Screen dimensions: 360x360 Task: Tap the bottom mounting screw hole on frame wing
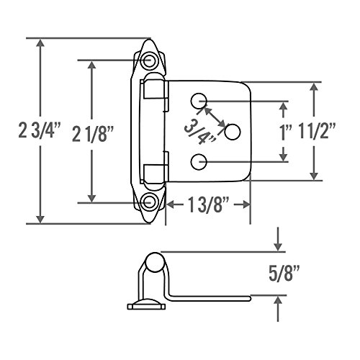(148, 202)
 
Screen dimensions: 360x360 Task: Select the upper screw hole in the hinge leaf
(199, 99)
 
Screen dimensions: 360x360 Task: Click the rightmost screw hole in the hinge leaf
(232, 131)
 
